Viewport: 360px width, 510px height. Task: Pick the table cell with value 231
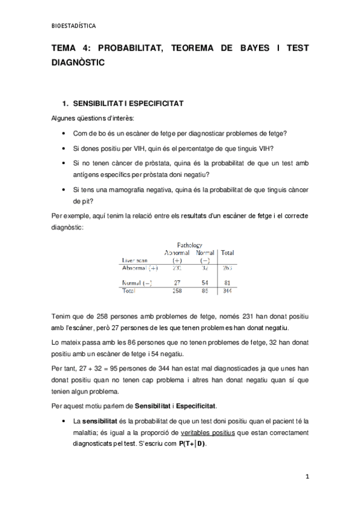pos(177,268)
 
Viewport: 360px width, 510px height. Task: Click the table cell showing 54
pos(205,281)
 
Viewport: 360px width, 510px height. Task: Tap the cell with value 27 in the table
pos(177,281)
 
